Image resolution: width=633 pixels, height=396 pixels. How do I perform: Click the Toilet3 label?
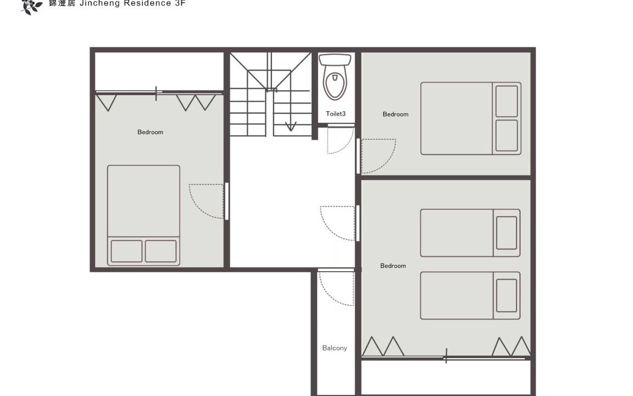tap(336, 113)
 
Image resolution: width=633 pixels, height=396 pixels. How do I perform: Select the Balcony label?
tap(334, 348)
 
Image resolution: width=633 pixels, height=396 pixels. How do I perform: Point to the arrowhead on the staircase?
tap(290, 127)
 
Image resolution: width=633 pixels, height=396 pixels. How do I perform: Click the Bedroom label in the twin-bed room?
tap(393, 266)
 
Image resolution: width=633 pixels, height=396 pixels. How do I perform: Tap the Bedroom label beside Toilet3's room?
tap(395, 114)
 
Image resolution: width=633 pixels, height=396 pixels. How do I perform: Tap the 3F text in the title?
tap(180, 3)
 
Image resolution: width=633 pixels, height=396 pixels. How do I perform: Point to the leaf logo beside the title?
tap(31, 6)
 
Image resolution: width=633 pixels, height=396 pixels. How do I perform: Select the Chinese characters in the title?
tap(62, 3)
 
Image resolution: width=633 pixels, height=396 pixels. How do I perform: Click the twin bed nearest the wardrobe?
tap(470, 295)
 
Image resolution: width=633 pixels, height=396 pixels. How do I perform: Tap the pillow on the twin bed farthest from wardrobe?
tap(507, 233)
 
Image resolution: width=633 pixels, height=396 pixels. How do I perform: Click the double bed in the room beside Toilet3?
tap(471, 118)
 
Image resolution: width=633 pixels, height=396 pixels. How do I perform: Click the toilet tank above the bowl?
tap(335, 60)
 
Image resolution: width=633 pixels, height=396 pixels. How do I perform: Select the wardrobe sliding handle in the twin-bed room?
tap(446, 356)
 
